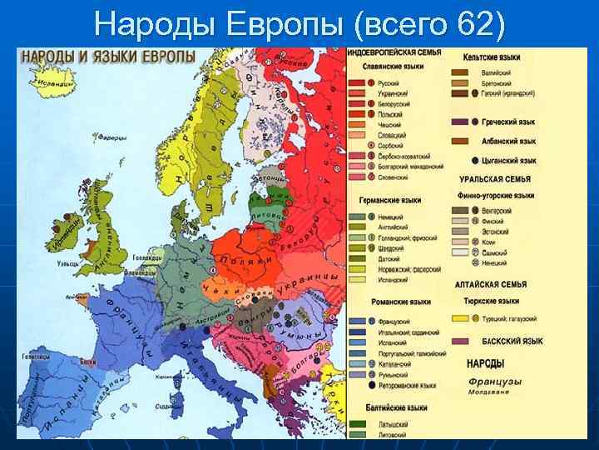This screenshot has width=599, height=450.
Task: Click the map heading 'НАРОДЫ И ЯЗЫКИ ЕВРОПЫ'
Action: pos(108,57)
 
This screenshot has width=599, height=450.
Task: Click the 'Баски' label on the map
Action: pos(88,362)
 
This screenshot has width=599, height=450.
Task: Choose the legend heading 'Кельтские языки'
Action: pos(498,57)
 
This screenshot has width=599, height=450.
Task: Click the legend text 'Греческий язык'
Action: pos(509,121)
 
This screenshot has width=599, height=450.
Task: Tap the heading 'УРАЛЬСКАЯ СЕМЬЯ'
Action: pos(494,179)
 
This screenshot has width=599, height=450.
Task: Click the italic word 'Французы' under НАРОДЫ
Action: pos(494,381)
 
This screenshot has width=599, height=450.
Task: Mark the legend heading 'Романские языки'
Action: pos(394,302)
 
